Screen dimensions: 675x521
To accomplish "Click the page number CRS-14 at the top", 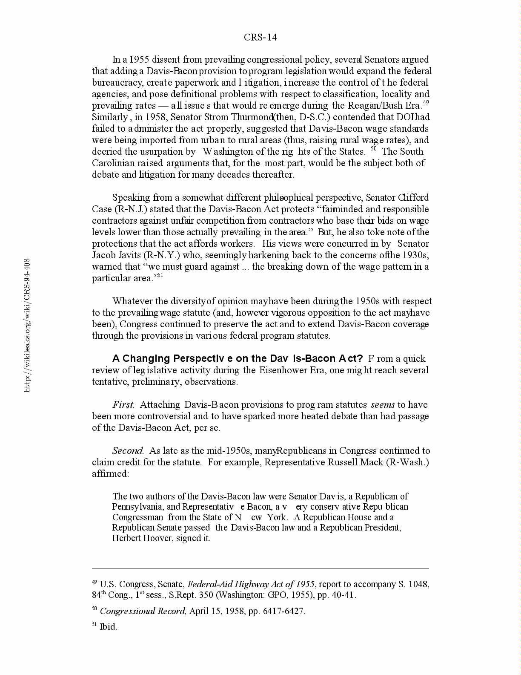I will coord(260,37).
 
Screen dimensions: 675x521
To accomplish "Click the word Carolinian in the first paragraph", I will coord(112,163).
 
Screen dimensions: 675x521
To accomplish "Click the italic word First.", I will coord(123,405).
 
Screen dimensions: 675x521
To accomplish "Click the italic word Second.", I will coord(128,451).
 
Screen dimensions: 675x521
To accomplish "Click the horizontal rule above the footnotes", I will coord(260,568).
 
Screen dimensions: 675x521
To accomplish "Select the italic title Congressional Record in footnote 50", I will coord(143,611).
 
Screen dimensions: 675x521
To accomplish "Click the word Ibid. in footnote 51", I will coord(108,627).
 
